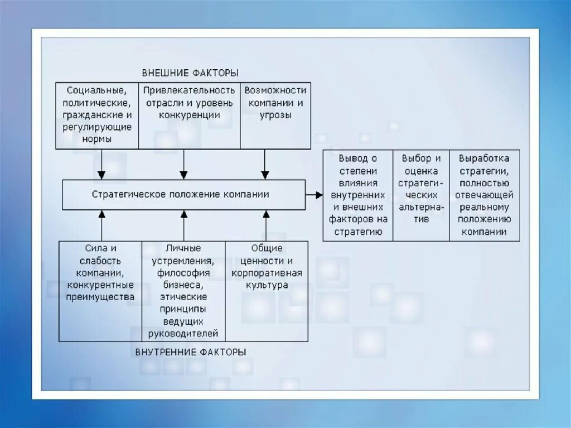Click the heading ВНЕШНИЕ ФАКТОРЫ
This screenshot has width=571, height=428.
tap(190, 73)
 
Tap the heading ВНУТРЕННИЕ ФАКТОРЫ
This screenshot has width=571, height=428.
tap(190, 352)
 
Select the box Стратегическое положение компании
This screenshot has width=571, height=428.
tap(183, 195)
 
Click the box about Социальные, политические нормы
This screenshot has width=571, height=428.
tap(97, 115)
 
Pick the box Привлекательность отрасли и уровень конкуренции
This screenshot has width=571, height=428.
tap(189, 115)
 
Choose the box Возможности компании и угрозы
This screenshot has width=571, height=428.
tap(275, 115)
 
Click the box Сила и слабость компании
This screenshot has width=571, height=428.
tap(100, 291)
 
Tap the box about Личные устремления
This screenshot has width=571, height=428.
tap(183, 291)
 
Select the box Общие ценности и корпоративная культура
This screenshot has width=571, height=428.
tap(266, 291)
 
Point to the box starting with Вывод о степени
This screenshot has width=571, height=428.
tap(358, 195)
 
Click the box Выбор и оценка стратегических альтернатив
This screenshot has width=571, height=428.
tap(421, 195)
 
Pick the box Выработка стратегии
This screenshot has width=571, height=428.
tap(484, 195)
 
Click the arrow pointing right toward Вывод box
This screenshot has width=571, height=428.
tap(314, 195)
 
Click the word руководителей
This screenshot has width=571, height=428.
tap(183, 334)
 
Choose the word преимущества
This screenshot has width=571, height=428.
tap(100, 297)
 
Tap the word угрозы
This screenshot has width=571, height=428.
tap(275, 115)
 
